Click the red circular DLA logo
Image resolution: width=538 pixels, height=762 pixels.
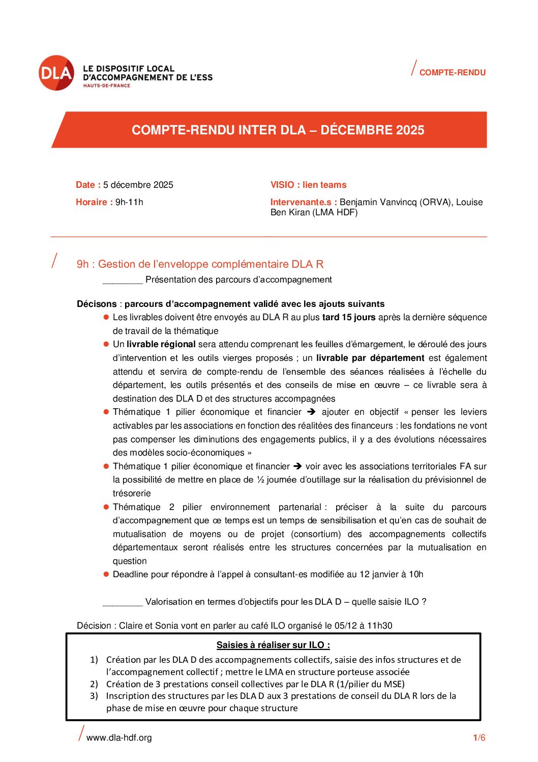point(56,73)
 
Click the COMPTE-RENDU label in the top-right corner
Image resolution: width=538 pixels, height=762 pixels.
point(452,73)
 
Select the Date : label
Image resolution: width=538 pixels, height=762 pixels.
point(88,185)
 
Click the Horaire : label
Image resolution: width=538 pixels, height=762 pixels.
point(94,202)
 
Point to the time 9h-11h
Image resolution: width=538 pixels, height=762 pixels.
point(129,202)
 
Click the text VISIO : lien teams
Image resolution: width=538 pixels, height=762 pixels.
point(308,185)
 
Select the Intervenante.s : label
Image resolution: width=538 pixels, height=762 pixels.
point(304,202)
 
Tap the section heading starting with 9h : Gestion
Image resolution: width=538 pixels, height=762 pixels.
point(200,264)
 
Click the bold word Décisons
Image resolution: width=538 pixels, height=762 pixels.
point(97,304)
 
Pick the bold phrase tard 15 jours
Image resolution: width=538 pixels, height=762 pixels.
point(349,317)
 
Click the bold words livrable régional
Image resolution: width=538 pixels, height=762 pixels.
point(161,344)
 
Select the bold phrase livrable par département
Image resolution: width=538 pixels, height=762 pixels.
point(370,358)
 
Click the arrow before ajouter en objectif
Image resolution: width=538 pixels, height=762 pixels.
point(311,412)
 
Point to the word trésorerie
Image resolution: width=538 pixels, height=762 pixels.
point(132,493)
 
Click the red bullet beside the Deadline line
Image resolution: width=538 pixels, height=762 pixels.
point(106,574)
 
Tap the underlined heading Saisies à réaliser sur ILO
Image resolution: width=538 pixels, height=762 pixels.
point(273,645)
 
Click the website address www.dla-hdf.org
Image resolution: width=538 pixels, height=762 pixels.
point(119,738)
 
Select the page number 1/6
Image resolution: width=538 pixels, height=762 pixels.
point(479,738)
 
